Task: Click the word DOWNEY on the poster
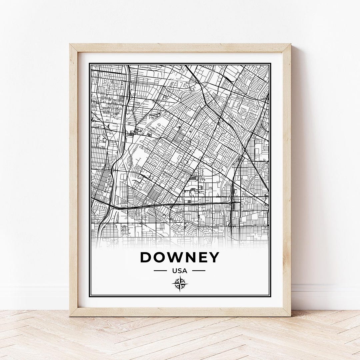pyautogui.click(x=180, y=257)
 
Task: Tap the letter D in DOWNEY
pyautogui.click(x=146, y=257)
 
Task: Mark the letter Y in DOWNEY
pyautogui.click(x=215, y=257)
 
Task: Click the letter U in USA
pyautogui.click(x=175, y=271)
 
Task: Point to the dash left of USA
pyautogui.click(x=160, y=271)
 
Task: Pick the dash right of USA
pyautogui.click(x=199, y=271)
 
